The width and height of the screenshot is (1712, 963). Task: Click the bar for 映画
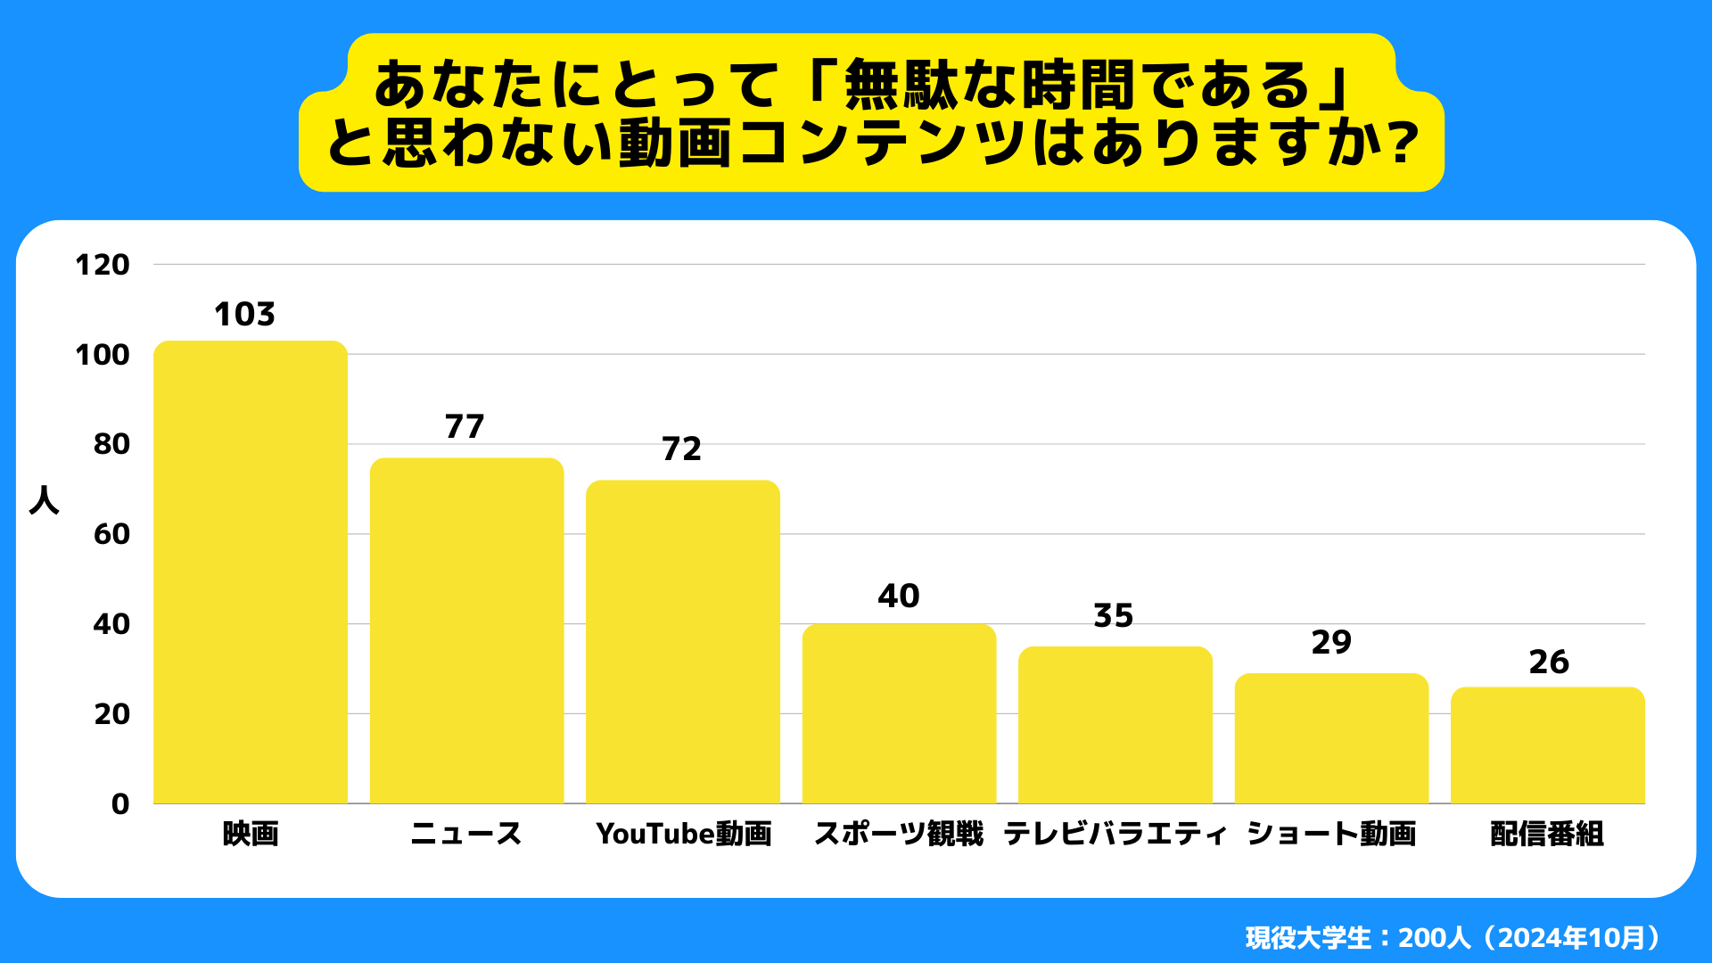(251, 572)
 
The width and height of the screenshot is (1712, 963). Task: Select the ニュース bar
(466, 631)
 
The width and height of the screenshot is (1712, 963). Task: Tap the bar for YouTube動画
(683, 642)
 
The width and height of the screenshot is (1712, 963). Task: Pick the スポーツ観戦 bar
(899, 713)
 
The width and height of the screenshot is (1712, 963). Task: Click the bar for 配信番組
(1548, 745)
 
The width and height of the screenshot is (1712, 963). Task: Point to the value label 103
(244, 315)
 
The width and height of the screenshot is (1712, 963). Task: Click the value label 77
(465, 427)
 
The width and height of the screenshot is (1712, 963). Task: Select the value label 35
(1114, 616)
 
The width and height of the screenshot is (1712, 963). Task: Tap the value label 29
(1331, 643)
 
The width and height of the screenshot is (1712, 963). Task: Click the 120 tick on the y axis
(103, 265)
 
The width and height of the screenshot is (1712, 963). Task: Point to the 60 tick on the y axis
(111, 534)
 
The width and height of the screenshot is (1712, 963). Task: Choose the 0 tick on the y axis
(120, 804)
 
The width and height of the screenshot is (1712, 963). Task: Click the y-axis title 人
(45, 500)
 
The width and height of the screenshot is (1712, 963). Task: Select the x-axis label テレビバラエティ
(1115, 835)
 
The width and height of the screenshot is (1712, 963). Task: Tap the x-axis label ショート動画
(1331, 835)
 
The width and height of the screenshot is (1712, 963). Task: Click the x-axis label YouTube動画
(683, 835)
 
